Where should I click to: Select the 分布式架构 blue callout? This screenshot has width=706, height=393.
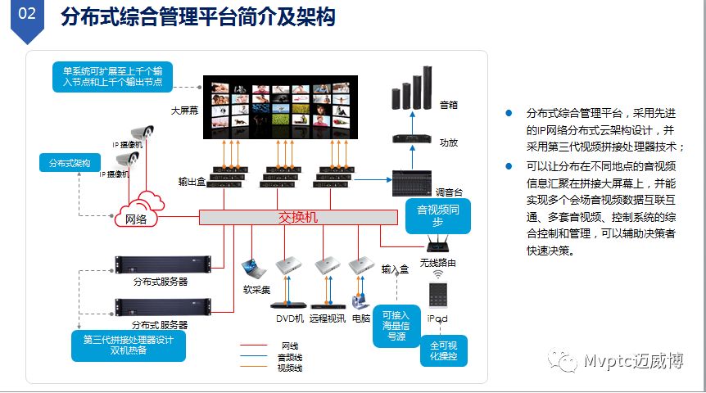[x=70, y=163]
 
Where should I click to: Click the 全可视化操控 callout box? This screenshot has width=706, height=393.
[x=444, y=350]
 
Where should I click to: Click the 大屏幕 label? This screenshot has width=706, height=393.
[x=184, y=110]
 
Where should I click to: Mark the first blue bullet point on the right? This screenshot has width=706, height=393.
[x=509, y=113]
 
